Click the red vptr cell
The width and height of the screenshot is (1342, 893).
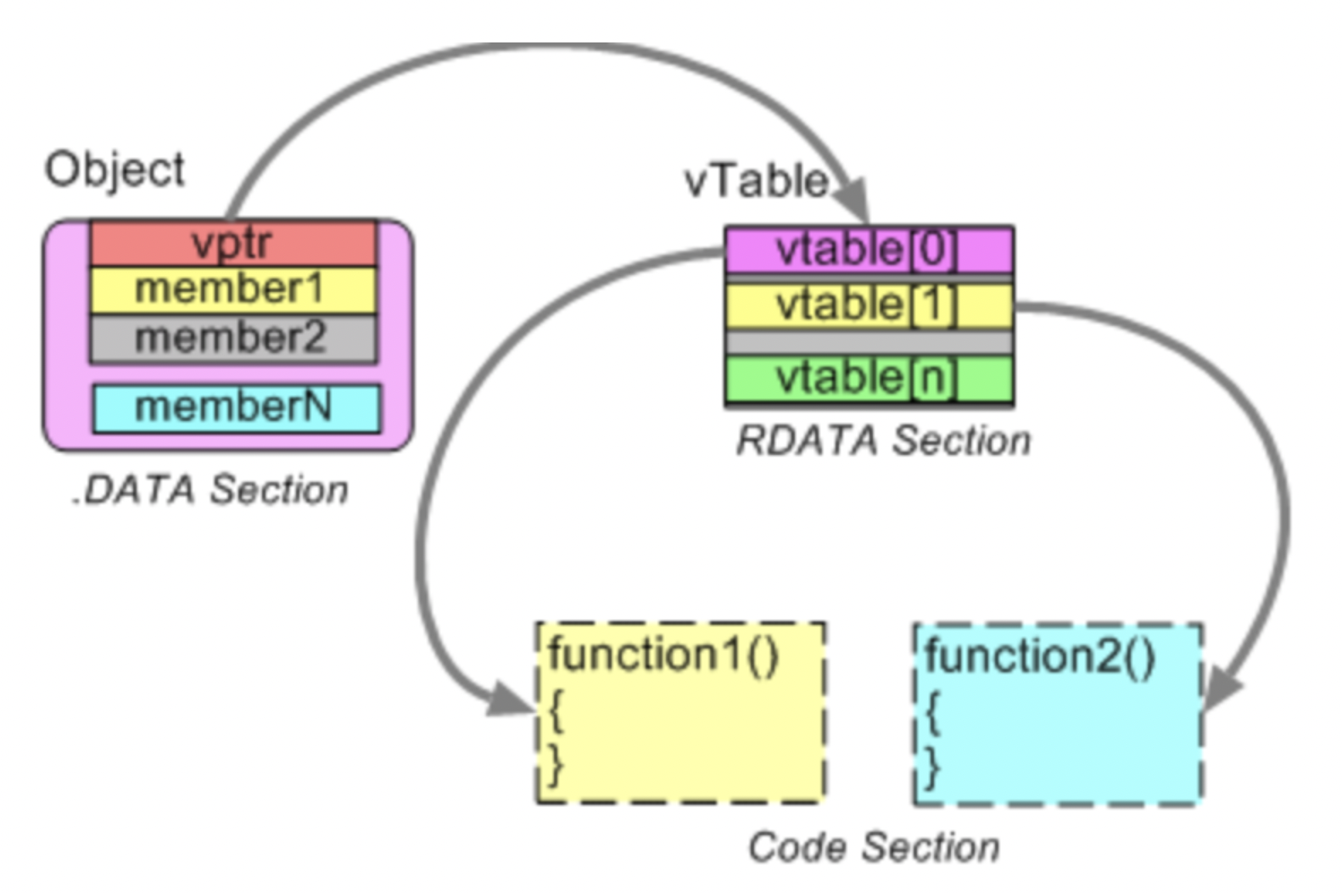click(x=233, y=244)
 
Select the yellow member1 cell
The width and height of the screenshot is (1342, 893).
click(x=233, y=289)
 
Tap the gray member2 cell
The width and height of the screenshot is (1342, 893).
click(x=233, y=339)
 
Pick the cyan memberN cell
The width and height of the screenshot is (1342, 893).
click(x=236, y=407)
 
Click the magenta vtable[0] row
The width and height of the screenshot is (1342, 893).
click(x=869, y=250)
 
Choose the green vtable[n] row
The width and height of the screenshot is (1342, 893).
click(x=869, y=379)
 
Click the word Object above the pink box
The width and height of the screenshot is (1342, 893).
click(x=115, y=170)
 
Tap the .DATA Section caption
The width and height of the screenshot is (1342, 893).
click(x=211, y=490)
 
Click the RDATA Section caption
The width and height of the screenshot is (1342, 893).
click(x=883, y=441)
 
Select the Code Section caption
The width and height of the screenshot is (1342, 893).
click(x=874, y=847)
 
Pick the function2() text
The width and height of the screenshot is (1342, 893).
click(x=1040, y=656)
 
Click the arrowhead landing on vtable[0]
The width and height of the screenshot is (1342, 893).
click(x=852, y=202)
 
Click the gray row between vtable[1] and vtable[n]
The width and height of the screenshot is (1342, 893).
click(x=869, y=343)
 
